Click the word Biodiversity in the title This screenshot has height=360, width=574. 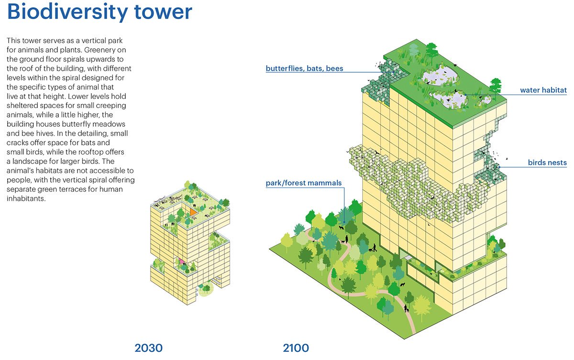pos(67,12)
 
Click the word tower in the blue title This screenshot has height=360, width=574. pos(163,12)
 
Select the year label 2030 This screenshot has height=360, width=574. pos(149,348)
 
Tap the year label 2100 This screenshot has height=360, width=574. pos(296,348)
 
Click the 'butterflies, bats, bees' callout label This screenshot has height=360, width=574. pos(304,68)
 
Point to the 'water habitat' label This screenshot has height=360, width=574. pos(543,90)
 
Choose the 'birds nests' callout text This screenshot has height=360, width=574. pos(547,163)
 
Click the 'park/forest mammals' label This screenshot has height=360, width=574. pos(304,183)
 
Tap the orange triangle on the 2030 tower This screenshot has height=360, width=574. pos(193,212)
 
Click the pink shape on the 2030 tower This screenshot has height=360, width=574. pos(181,262)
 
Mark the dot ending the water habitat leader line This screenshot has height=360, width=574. pos(465,95)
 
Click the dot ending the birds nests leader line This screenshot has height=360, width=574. pos(499,167)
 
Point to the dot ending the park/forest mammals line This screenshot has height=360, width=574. pos(344,222)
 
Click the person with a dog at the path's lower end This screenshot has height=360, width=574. pos(406,308)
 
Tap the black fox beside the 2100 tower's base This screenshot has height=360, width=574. pos(403,284)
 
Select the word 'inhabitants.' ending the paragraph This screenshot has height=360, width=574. pos(26,198)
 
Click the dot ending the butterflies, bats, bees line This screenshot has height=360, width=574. pos(393,72)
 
